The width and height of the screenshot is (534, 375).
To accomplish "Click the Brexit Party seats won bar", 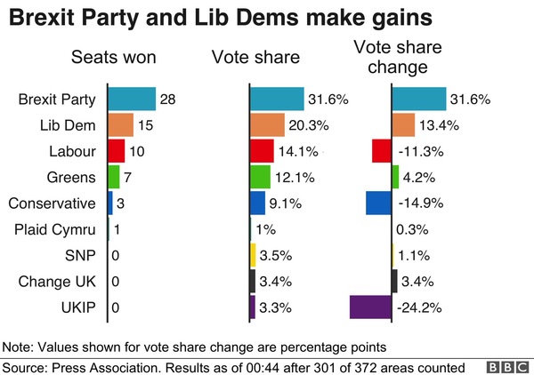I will (x=132, y=99).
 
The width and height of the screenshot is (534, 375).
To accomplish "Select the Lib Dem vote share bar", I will (x=267, y=125).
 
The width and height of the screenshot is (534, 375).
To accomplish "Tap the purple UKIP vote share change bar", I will (x=371, y=307).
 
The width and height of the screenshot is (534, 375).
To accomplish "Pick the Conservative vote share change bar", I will (x=378, y=203).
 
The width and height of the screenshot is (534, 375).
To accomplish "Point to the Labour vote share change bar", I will (x=382, y=151).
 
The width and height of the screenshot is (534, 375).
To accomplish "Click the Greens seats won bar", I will (x=113, y=177).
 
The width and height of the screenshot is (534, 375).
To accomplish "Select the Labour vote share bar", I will (x=262, y=151).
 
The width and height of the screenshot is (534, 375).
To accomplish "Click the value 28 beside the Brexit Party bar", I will (x=168, y=100).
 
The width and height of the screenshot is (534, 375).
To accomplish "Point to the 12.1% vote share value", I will (x=295, y=178).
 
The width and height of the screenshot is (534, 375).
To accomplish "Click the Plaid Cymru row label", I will (x=53, y=230).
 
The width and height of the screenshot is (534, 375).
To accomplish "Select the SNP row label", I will (x=80, y=256).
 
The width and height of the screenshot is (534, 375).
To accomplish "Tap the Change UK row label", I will (x=61, y=282).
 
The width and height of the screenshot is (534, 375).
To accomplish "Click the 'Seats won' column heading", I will (x=114, y=59).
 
